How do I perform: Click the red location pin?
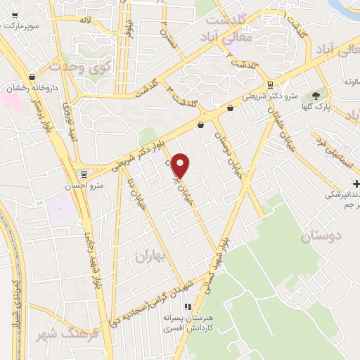tap(181, 165)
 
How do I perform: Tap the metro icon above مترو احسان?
tap(84, 174)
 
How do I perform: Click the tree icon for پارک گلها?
tap(316, 96)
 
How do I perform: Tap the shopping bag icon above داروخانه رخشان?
tap(32, 77)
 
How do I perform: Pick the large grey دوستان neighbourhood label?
tap(316, 238)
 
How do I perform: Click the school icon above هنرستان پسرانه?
tap(187, 307)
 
